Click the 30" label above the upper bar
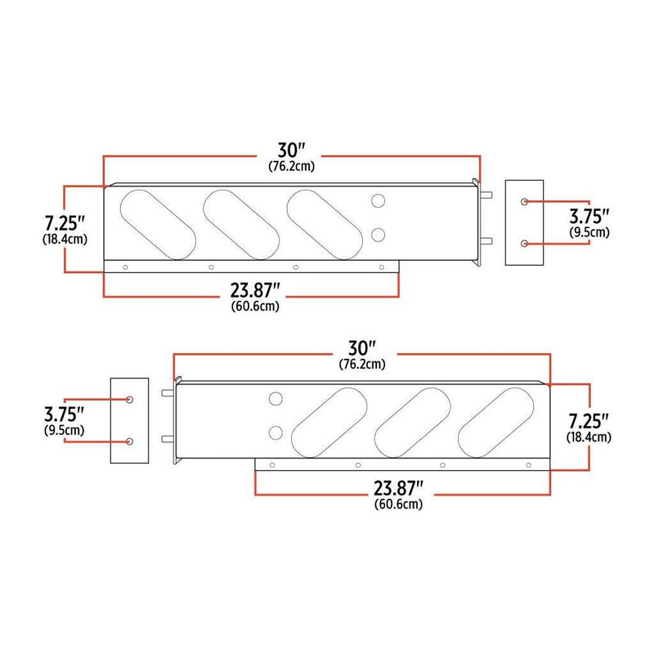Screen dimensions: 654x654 (292, 150)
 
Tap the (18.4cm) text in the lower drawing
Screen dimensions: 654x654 (589, 437)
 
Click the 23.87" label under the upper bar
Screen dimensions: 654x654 (255, 290)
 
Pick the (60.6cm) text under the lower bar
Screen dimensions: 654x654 (398, 504)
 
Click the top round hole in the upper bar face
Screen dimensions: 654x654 (379, 201)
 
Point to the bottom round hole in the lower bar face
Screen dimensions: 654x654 (276, 432)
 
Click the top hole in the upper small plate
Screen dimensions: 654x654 (523, 201)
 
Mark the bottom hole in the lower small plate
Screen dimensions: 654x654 (130, 441)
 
